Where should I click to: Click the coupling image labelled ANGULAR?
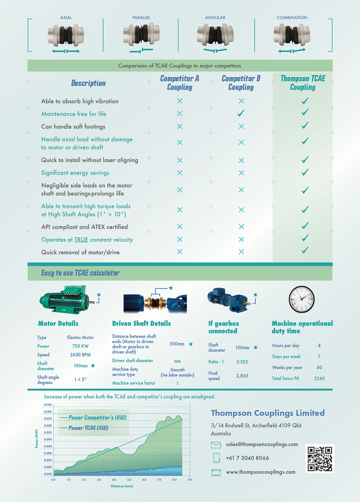(x=215, y=35)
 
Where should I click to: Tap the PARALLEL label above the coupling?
(x=141, y=18)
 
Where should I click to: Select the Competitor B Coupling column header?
(x=241, y=83)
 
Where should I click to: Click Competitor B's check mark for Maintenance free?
(x=241, y=113)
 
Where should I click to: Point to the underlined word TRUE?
(x=81, y=240)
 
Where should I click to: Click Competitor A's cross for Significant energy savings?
(x=180, y=173)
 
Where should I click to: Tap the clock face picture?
(x=302, y=299)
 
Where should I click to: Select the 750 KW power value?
(x=80, y=346)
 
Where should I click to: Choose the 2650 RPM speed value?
(x=80, y=355)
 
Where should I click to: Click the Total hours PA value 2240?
(x=319, y=379)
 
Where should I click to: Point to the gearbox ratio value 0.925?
(x=242, y=362)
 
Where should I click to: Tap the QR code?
(x=320, y=458)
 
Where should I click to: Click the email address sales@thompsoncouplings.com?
(x=262, y=444)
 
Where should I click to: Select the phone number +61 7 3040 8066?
(x=247, y=458)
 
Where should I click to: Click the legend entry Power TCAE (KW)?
(x=88, y=428)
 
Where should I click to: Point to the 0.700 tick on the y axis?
(x=48, y=412)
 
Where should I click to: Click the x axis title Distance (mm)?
(x=122, y=486)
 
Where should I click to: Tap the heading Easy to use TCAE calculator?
(x=80, y=273)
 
